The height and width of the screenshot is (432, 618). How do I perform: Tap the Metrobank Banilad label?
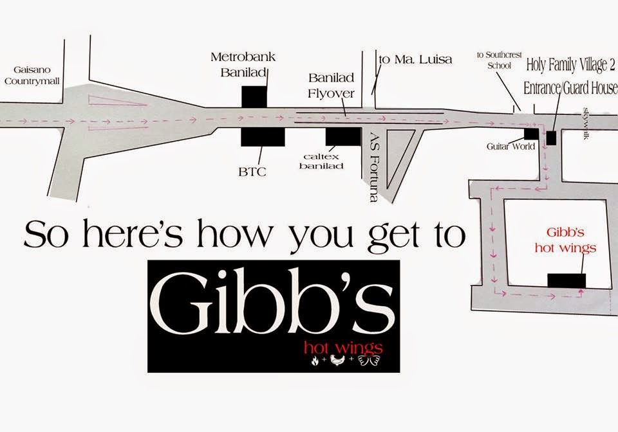243,65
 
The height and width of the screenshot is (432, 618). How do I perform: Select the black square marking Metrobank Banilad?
254,95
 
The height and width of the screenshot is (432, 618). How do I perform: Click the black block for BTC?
263,136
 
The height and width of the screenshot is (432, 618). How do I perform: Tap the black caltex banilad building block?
342,136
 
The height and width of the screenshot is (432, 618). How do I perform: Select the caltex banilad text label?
324,161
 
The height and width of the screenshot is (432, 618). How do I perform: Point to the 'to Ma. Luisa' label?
415,60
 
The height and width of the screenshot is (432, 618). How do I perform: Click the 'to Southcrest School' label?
494,60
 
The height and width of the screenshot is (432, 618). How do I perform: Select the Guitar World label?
510,147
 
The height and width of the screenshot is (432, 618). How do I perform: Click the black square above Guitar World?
531,134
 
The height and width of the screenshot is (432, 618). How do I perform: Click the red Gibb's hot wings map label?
571,239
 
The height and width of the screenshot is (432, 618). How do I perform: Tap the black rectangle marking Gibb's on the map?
566,280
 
